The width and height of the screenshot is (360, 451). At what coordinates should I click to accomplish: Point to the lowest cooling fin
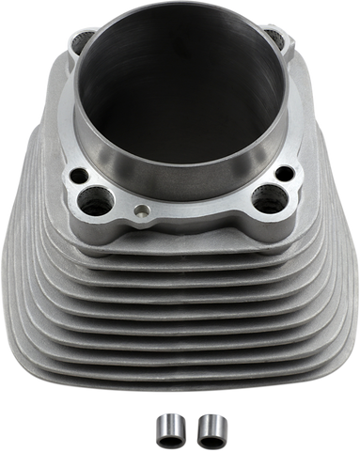click(x=179, y=381)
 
